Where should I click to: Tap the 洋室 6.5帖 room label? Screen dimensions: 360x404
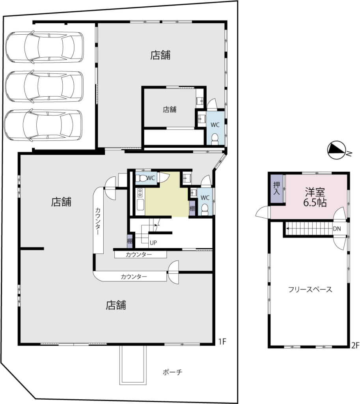tap(315, 197)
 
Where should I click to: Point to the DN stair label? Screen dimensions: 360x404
tap(337, 228)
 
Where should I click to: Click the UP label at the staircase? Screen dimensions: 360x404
tap(153, 243)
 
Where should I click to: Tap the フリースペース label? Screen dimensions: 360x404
tap(310, 289)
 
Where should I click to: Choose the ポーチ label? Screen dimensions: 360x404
tap(172, 372)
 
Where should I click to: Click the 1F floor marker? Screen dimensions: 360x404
tap(222, 342)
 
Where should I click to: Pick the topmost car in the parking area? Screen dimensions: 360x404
tap(45, 47)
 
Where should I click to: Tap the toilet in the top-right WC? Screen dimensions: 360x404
tap(214, 140)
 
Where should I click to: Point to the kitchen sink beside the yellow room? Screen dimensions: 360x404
tap(140, 205)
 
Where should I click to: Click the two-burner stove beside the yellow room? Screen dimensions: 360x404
tap(140, 193)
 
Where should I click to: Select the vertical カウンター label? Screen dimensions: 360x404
tap(98, 221)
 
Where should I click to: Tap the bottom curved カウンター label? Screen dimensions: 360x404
tap(134, 277)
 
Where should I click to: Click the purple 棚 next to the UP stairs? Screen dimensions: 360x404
tap(130, 241)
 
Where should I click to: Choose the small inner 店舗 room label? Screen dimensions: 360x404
tap(170, 110)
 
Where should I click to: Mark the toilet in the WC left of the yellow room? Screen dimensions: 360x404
tap(141, 178)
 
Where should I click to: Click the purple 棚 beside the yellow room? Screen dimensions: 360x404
tap(192, 208)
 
